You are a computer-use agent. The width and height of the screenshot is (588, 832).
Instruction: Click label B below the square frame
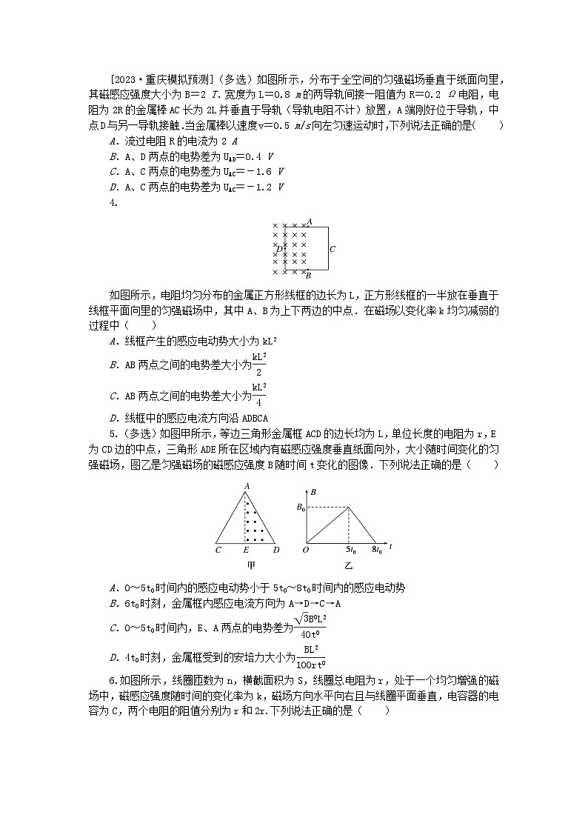308,275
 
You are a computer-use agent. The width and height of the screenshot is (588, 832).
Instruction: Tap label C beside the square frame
333,250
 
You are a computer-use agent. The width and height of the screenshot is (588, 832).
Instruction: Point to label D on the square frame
278,248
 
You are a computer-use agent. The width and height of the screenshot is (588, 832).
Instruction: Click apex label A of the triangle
245,485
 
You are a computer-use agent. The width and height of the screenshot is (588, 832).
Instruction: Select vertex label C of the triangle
218,550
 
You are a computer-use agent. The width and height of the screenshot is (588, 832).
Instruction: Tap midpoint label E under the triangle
245,550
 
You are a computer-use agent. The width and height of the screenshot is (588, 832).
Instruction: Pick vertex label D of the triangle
275,550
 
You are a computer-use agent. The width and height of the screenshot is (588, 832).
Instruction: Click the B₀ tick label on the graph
300,507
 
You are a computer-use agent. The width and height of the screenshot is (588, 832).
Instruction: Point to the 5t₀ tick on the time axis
350,551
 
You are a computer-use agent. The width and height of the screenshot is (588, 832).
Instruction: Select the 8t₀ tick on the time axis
378,551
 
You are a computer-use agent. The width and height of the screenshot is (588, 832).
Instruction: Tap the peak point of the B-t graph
350,507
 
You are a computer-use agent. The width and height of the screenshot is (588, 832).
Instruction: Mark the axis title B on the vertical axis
314,492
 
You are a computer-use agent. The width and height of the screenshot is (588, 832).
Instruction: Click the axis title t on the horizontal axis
390,547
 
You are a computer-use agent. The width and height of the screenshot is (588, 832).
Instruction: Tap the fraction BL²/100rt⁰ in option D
310,656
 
